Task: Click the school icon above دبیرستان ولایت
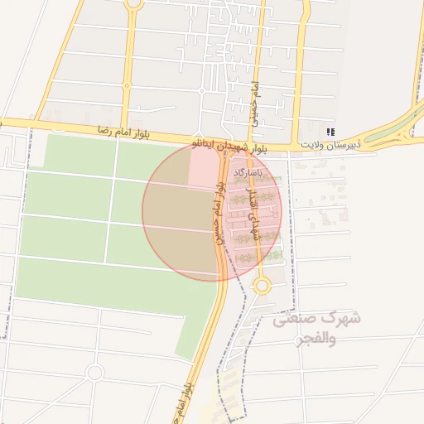[330, 132]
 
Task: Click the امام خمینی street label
[256, 103]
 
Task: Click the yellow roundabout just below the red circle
[262, 286]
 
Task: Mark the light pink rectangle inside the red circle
[205, 168]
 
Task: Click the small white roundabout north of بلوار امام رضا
[201, 90]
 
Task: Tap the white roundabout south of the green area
[94, 373]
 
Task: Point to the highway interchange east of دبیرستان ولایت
[401, 129]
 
